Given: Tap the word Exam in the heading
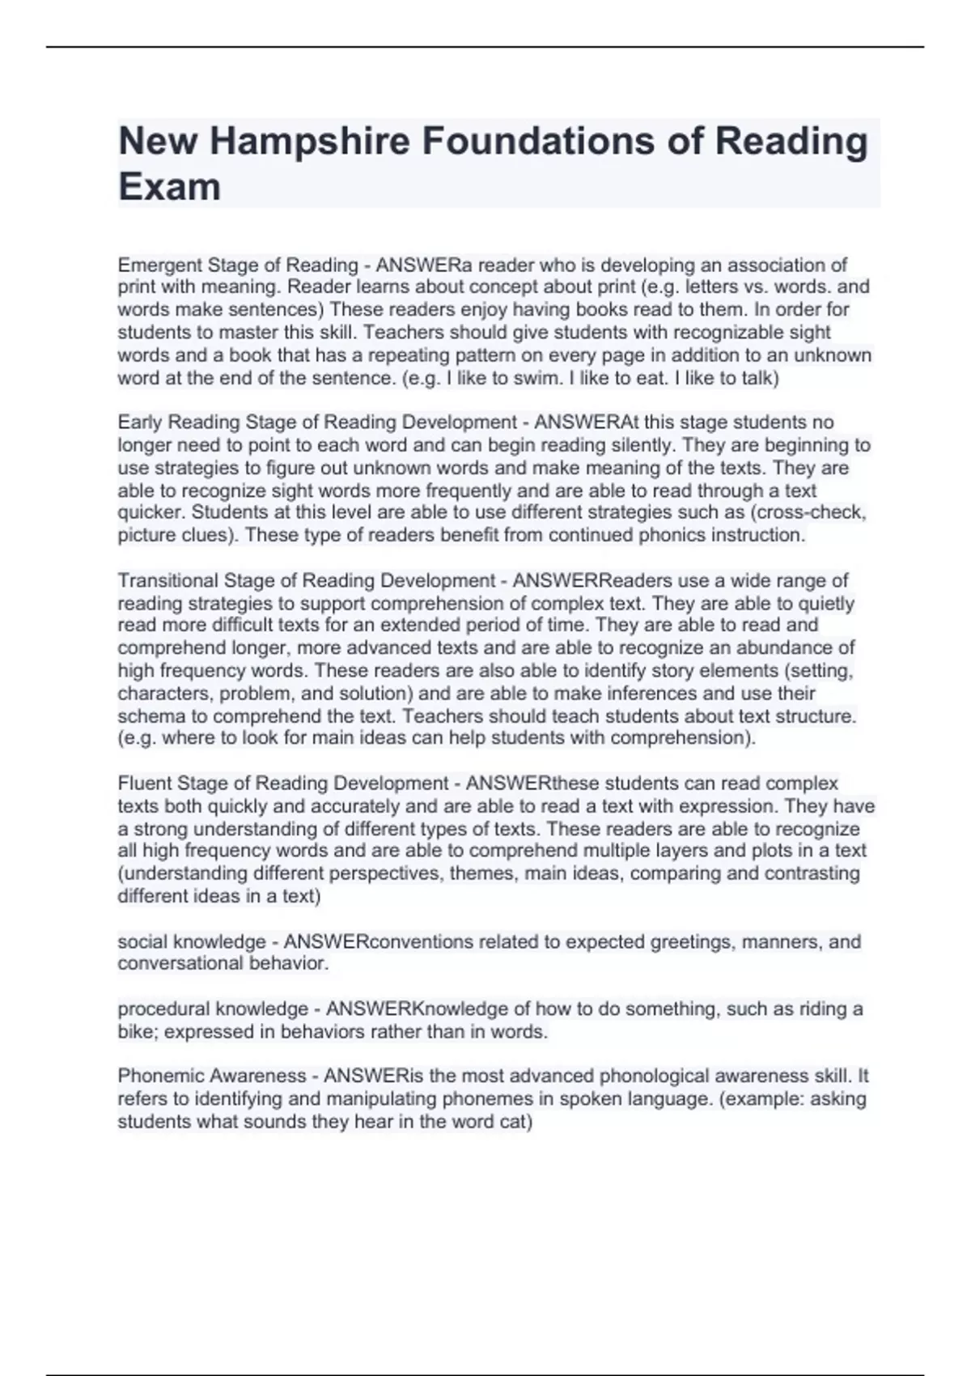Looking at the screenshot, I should click(x=169, y=187).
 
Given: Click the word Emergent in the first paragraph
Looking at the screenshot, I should click(x=159, y=265).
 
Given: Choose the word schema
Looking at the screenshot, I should click(x=146, y=716).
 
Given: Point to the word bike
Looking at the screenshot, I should click(x=137, y=1032).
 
